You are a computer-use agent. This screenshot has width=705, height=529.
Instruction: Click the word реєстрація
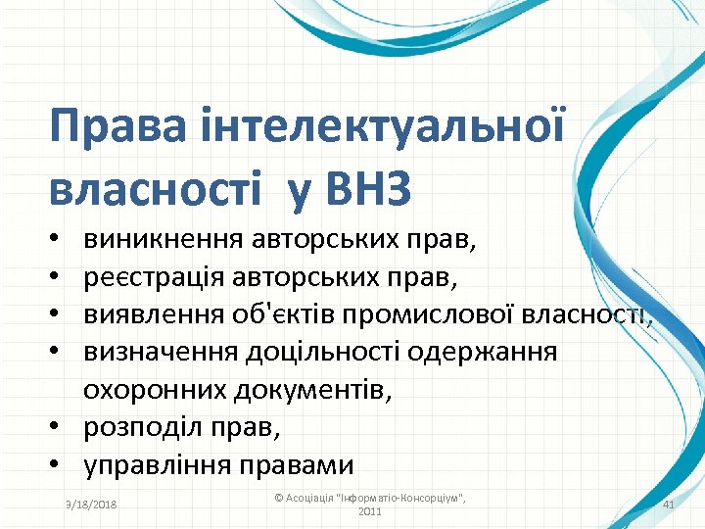click(x=154, y=276)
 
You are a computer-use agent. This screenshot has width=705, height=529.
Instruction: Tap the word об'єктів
click(x=288, y=314)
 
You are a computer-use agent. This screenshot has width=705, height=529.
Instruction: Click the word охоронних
click(x=155, y=391)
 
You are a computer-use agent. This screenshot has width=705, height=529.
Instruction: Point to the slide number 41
click(x=670, y=504)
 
